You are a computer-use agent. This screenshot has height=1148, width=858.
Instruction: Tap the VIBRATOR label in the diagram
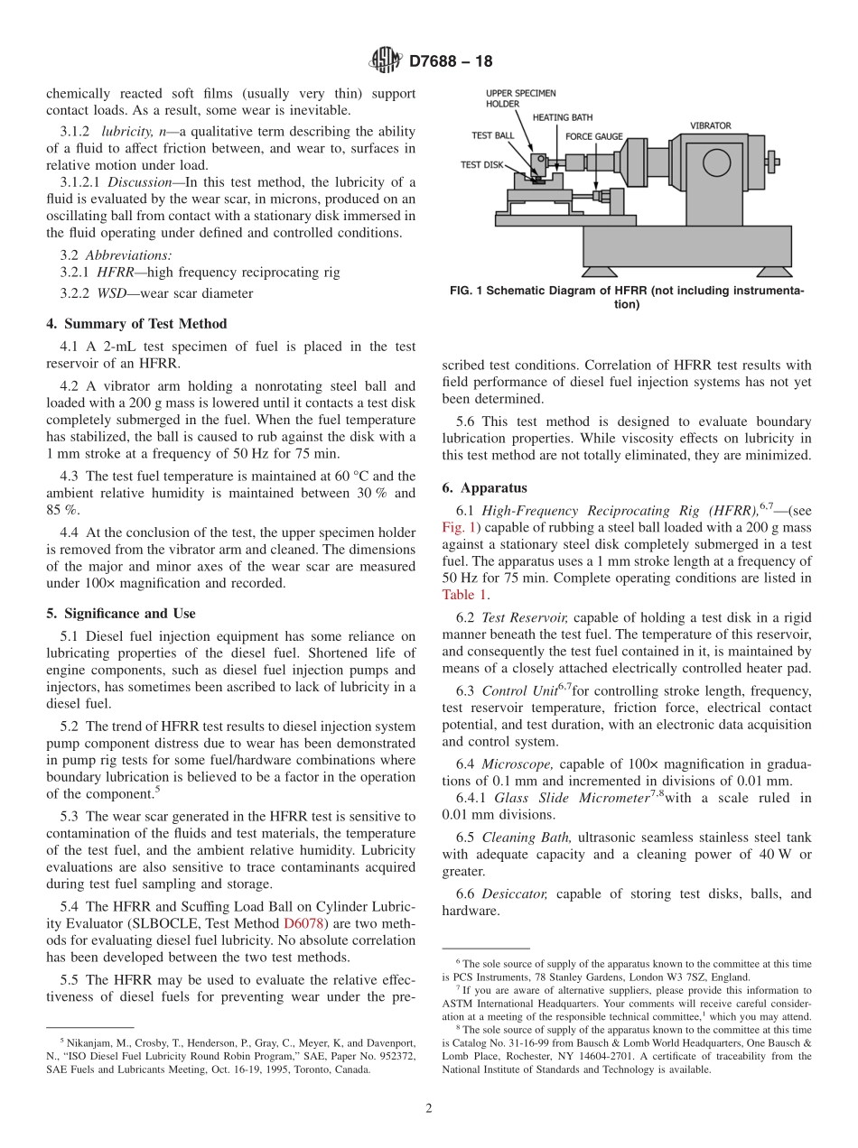pyautogui.click(x=710, y=125)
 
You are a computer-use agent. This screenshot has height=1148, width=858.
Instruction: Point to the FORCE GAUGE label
pyautogui.click(x=593, y=136)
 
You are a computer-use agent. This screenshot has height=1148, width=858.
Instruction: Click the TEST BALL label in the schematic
pyautogui.click(x=493, y=135)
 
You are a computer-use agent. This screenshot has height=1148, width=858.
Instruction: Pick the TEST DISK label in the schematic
pyautogui.click(x=482, y=165)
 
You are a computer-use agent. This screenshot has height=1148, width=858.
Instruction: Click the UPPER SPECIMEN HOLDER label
pyautogui.click(x=520, y=98)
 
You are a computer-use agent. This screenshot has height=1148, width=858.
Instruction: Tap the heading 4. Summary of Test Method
pyautogui.click(x=136, y=323)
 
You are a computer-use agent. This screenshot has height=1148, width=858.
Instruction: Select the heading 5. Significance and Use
pyautogui.click(x=121, y=614)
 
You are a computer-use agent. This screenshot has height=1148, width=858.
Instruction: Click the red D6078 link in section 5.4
pyautogui.click(x=303, y=923)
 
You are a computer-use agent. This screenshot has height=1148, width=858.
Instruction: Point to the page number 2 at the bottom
pyautogui.click(x=429, y=1108)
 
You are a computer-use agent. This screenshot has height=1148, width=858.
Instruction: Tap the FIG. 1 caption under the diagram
pyautogui.click(x=626, y=298)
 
